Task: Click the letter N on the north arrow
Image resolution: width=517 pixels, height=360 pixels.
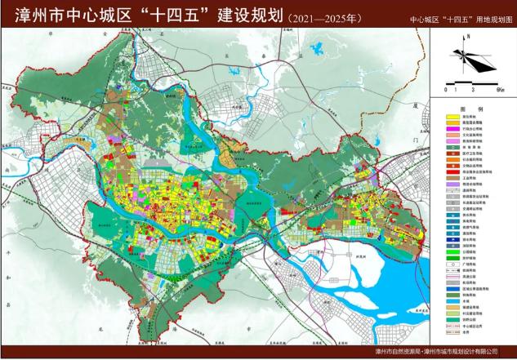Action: tap(468, 42)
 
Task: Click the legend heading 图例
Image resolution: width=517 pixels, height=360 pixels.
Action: tap(466, 108)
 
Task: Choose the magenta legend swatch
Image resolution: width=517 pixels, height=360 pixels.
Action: tap(450, 140)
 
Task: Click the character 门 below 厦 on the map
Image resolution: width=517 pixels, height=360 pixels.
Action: tap(416, 140)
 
